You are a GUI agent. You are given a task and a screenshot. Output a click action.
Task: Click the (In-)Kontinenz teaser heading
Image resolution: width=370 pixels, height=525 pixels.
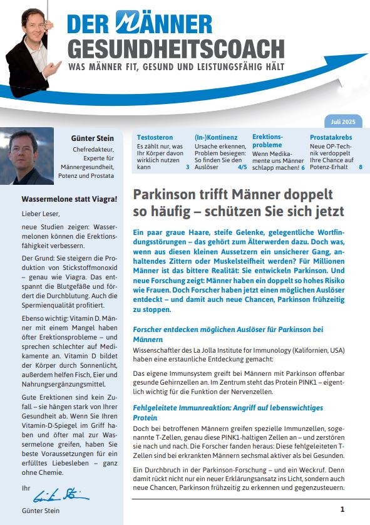[x=216, y=137]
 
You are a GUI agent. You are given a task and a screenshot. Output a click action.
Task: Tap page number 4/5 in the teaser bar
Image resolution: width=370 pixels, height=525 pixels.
[x=242, y=168]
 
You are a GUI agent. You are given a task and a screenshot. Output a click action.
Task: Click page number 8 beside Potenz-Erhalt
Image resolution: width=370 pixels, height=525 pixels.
[x=360, y=168]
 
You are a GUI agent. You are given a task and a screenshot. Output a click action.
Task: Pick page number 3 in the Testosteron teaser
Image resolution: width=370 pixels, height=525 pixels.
[x=187, y=168]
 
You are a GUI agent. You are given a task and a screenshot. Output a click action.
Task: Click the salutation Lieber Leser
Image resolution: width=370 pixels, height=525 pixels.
[x=39, y=214]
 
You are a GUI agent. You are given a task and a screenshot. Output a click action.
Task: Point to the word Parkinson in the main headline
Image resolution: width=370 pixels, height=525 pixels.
[x=164, y=194]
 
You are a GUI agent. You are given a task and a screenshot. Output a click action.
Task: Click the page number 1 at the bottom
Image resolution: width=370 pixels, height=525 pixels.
[x=342, y=509]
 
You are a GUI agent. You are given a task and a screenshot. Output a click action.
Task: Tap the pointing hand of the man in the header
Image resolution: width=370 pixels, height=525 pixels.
[x=58, y=66]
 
